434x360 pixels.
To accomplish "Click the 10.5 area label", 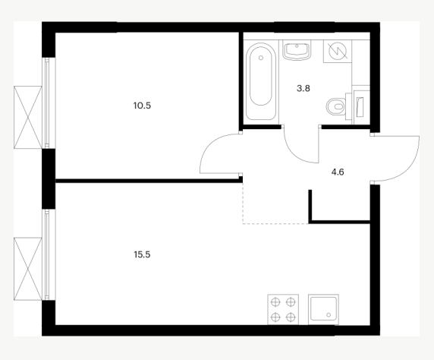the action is tap(142, 106).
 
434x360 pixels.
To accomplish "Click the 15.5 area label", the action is tap(142, 254).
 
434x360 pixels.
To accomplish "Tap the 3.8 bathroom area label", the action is tap(303, 88).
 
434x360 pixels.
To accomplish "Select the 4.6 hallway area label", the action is tap(338, 172).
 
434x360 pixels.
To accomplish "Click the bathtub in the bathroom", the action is tap(261, 81).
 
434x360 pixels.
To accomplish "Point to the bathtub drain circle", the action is tap(261, 58).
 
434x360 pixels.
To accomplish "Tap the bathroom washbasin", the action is tap(297, 50).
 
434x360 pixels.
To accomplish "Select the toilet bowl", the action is tap(335, 106).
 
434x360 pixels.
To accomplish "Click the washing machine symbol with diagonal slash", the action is tap(338, 52).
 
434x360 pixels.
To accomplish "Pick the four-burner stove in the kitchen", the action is tap(283, 309).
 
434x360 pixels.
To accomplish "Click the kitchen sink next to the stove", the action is tap(323, 309).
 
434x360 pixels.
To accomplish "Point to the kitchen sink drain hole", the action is tap(329, 315).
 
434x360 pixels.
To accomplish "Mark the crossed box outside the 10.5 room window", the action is tap(27, 117).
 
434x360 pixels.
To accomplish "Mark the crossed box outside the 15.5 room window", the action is tap(27, 269).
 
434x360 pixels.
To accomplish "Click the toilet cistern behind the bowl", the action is tap(348, 106).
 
